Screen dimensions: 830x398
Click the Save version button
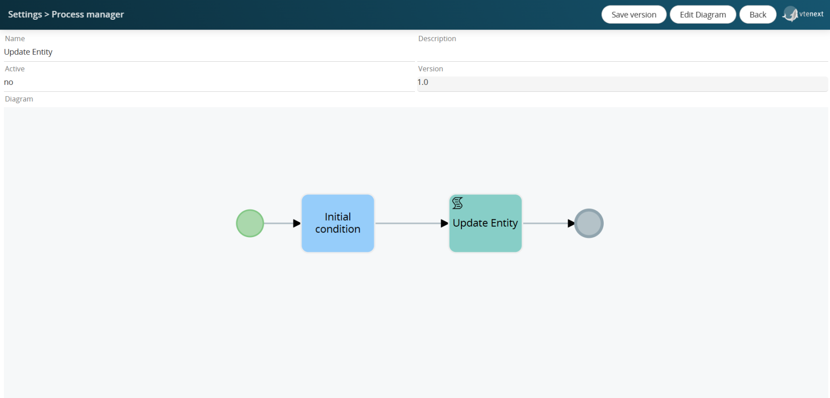coord(633,14)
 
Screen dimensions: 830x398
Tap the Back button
coord(758,14)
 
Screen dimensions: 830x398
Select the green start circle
coord(250,223)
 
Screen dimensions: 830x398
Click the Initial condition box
coord(337,223)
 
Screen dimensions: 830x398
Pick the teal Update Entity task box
coord(485,223)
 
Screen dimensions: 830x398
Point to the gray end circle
coord(589,223)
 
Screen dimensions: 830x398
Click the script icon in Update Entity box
coord(457,203)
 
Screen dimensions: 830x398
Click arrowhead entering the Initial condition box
coord(297,223)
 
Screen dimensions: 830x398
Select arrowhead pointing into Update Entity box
coord(444,223)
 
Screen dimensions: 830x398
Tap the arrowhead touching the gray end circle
coord(571,223)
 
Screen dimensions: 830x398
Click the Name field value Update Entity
coord(28,52)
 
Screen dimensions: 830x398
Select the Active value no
coord(8,82)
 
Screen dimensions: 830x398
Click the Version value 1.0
coord(423,82)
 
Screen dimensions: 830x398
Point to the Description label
coord(437,39)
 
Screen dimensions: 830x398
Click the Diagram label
coord(19,99)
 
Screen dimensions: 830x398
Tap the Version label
coord(431,69)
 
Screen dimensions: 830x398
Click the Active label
coord(15,69)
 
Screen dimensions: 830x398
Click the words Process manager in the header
coord(88,14)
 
